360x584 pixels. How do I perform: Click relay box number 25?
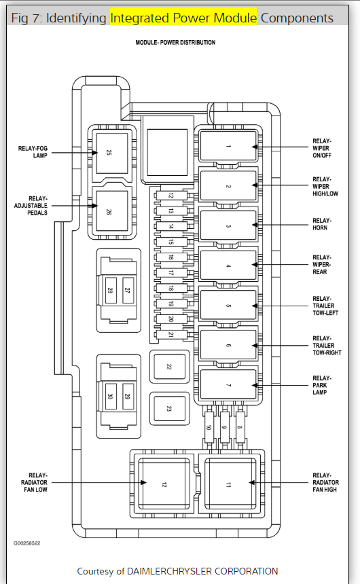click(112, 153)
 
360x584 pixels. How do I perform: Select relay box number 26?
click(112, 211)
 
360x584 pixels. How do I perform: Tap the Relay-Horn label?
click(321, 224)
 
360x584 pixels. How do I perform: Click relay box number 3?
click(228, 225)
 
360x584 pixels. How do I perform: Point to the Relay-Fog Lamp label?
click(33, 152)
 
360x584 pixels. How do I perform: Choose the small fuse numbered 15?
click(171, 242)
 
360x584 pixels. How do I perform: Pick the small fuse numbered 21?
click(171, 335)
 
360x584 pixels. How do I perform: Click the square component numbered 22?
click(170, 367)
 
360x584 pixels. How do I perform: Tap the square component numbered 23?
click(170, 409)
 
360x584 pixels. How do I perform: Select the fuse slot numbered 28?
click(110, 290)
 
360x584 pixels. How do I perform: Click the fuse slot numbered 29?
click(128, 397)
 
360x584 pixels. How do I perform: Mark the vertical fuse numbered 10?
click(209, 427)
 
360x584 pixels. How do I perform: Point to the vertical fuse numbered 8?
click(240, 427)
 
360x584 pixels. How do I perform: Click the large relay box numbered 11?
click(230, 485)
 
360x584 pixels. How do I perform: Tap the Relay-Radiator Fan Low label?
click(34, 482)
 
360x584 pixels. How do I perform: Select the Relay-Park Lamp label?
click(321, 385)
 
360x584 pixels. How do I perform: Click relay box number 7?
click(228, 385)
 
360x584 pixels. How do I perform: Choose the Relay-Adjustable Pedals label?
click(31, 206)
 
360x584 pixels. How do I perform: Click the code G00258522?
click(27, 543)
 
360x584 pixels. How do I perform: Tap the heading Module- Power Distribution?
click(175, 43)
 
